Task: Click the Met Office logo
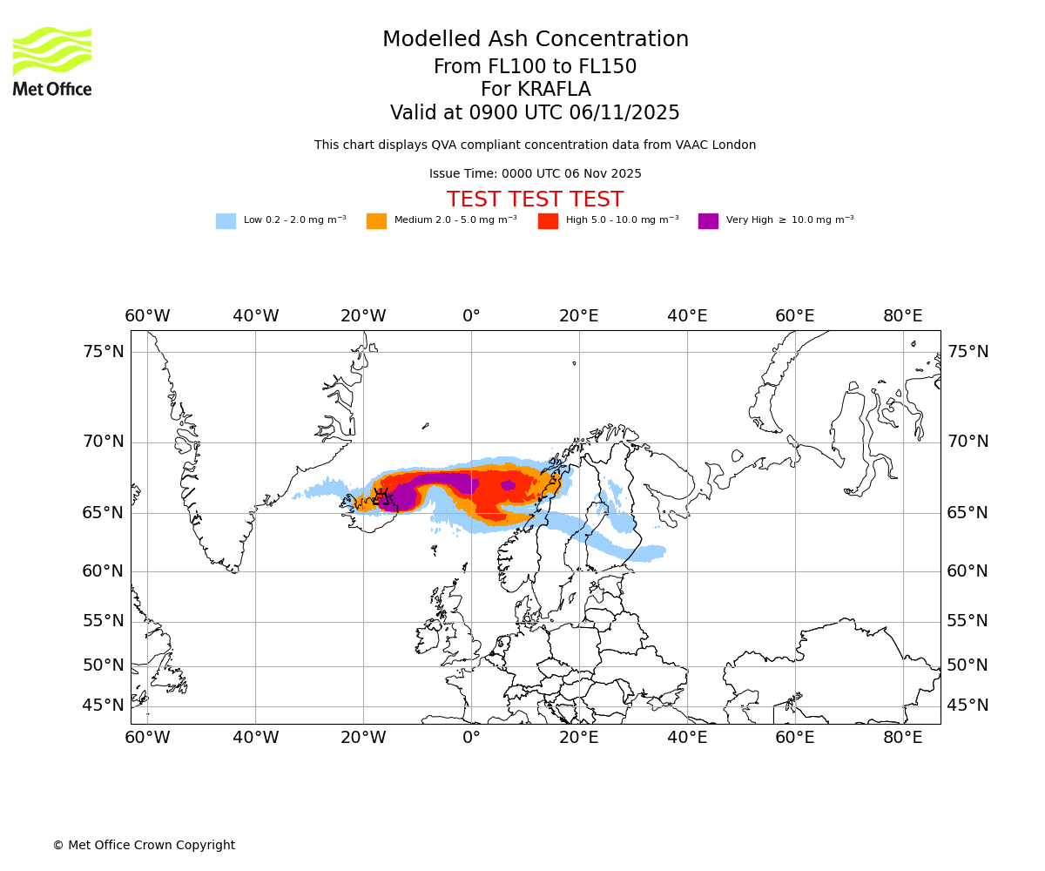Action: [52, 61]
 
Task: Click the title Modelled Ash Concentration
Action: [536, 39]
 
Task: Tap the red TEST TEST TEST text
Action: [535, 199]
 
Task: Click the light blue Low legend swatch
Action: [226, 220]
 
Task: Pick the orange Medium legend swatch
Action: [376, 220]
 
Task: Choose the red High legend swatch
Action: [548, 220]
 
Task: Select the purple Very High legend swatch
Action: [708, 220]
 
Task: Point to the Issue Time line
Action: [535, 173]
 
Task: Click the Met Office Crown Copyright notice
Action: [144, 845]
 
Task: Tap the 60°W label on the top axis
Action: [147, 315]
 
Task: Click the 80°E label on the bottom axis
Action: [903, 738]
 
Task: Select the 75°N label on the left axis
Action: [104, 352]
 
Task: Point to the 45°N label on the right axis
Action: [967, 706]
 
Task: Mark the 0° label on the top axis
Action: [471, 315]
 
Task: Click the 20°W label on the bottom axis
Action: [363, 738]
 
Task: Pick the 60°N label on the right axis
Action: [967, 571]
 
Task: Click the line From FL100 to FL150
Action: [536, 67]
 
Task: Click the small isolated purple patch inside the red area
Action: [508, 485]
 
